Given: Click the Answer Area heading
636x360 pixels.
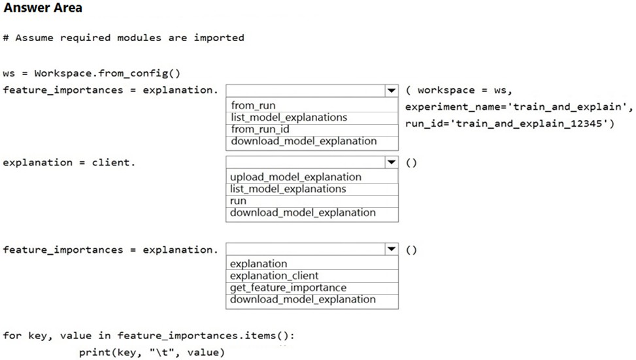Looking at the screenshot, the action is pos(43,8).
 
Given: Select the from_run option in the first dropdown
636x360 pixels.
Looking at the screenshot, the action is pos(253,105).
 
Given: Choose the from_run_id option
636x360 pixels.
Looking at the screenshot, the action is pos(260,129).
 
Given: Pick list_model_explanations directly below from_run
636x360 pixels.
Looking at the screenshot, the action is pos(289,118).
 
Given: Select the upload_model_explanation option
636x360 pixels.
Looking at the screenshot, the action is pos(295,177).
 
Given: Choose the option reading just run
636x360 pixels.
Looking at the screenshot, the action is pos(238,201).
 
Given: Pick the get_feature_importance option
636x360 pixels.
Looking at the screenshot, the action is pos(288,288).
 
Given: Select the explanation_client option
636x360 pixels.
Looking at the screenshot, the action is pos(274,276).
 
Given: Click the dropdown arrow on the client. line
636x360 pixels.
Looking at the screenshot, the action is pos(391,162).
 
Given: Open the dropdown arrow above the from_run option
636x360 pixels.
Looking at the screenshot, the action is pos(391,90).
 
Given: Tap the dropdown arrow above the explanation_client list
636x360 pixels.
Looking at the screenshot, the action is pos(391,249).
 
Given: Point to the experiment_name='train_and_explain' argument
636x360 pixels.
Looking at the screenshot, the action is pos(516,106).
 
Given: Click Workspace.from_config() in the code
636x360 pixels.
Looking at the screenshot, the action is pos(107,73).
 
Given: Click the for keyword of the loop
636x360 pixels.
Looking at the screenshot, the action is pos(12,335).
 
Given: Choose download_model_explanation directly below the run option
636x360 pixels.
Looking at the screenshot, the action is pos(303,213).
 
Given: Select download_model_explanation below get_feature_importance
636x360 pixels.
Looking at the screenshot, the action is pos(303,300).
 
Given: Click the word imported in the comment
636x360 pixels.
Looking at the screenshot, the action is pos(219,38).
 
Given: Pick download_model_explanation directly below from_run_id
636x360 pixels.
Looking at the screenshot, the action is pos(304,141).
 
